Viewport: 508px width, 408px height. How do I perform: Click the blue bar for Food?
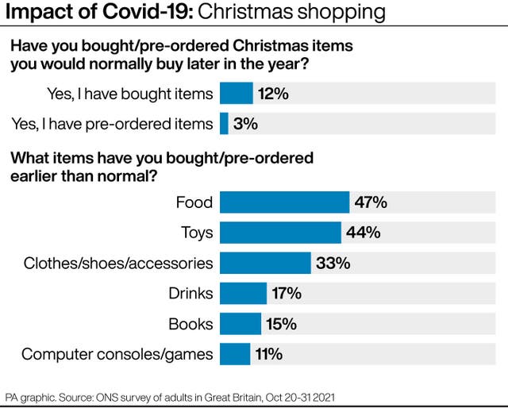(284, 202)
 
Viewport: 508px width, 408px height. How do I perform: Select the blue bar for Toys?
(280, 233)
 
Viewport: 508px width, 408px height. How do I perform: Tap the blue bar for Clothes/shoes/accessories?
(265, 263)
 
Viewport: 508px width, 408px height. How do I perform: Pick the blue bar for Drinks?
(243, 293)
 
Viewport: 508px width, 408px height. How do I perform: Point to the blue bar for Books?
(240, 323)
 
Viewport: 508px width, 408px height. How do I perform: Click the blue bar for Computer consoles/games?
(235, 353)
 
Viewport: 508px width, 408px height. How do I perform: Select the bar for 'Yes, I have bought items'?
(236, 94)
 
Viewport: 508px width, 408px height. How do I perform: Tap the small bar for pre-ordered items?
(224, 124)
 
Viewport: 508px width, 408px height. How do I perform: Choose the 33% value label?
(333, 263)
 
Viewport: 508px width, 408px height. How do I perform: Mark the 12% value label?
(272, 94)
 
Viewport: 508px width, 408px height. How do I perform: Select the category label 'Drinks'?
(191, 293)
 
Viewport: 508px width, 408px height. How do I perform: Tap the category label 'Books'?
(190, 323)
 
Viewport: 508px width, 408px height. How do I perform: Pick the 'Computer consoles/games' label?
(117, 354)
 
